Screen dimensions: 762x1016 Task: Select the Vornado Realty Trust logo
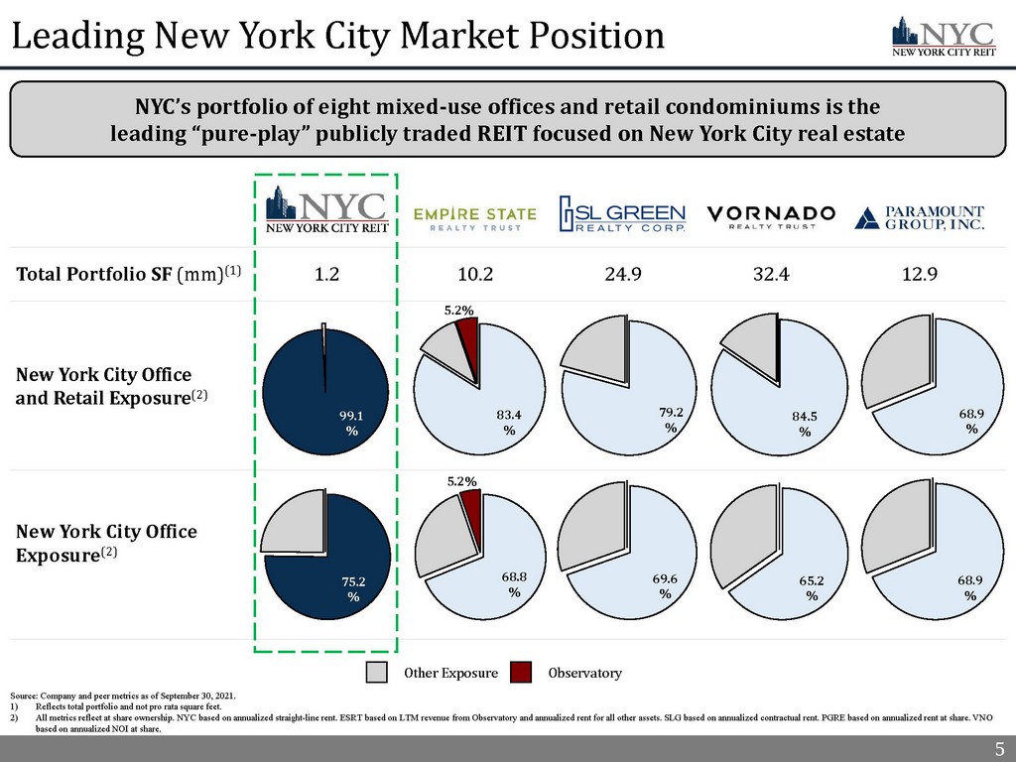(x=771, y=217)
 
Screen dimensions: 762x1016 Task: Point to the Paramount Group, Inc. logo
(x=920, y=217)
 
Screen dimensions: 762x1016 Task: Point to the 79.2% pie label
(x=671, y=419)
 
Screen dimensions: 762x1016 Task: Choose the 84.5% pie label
(x=805, y=424)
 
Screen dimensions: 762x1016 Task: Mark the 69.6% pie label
(x=665, y=584)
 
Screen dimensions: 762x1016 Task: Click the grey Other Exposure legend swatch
(x=377, y=673)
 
